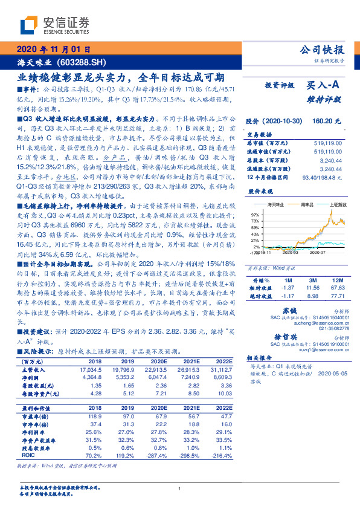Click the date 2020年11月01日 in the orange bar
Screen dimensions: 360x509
[54, 50]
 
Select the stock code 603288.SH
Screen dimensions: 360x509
[82, 62]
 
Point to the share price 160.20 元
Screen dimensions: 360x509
[326, 122]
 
